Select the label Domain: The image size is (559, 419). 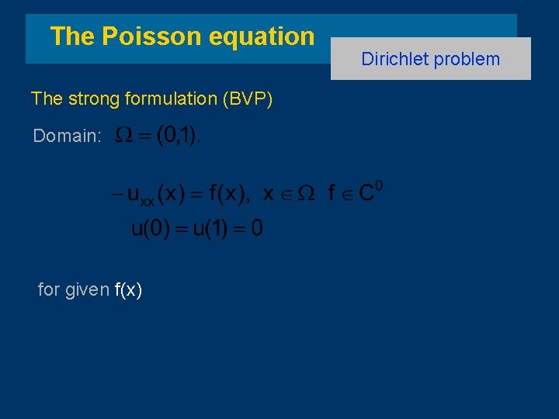[67, 137]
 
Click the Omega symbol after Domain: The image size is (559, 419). [123, 136]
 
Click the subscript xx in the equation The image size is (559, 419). [147, 202]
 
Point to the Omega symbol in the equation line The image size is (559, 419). [306, 195]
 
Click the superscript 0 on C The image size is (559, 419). [379, 187]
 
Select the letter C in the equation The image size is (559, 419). [365, 195]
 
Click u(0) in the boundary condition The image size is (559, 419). [150, 228]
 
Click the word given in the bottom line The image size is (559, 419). [87, 290]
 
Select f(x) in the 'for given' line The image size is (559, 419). [128, 290]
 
